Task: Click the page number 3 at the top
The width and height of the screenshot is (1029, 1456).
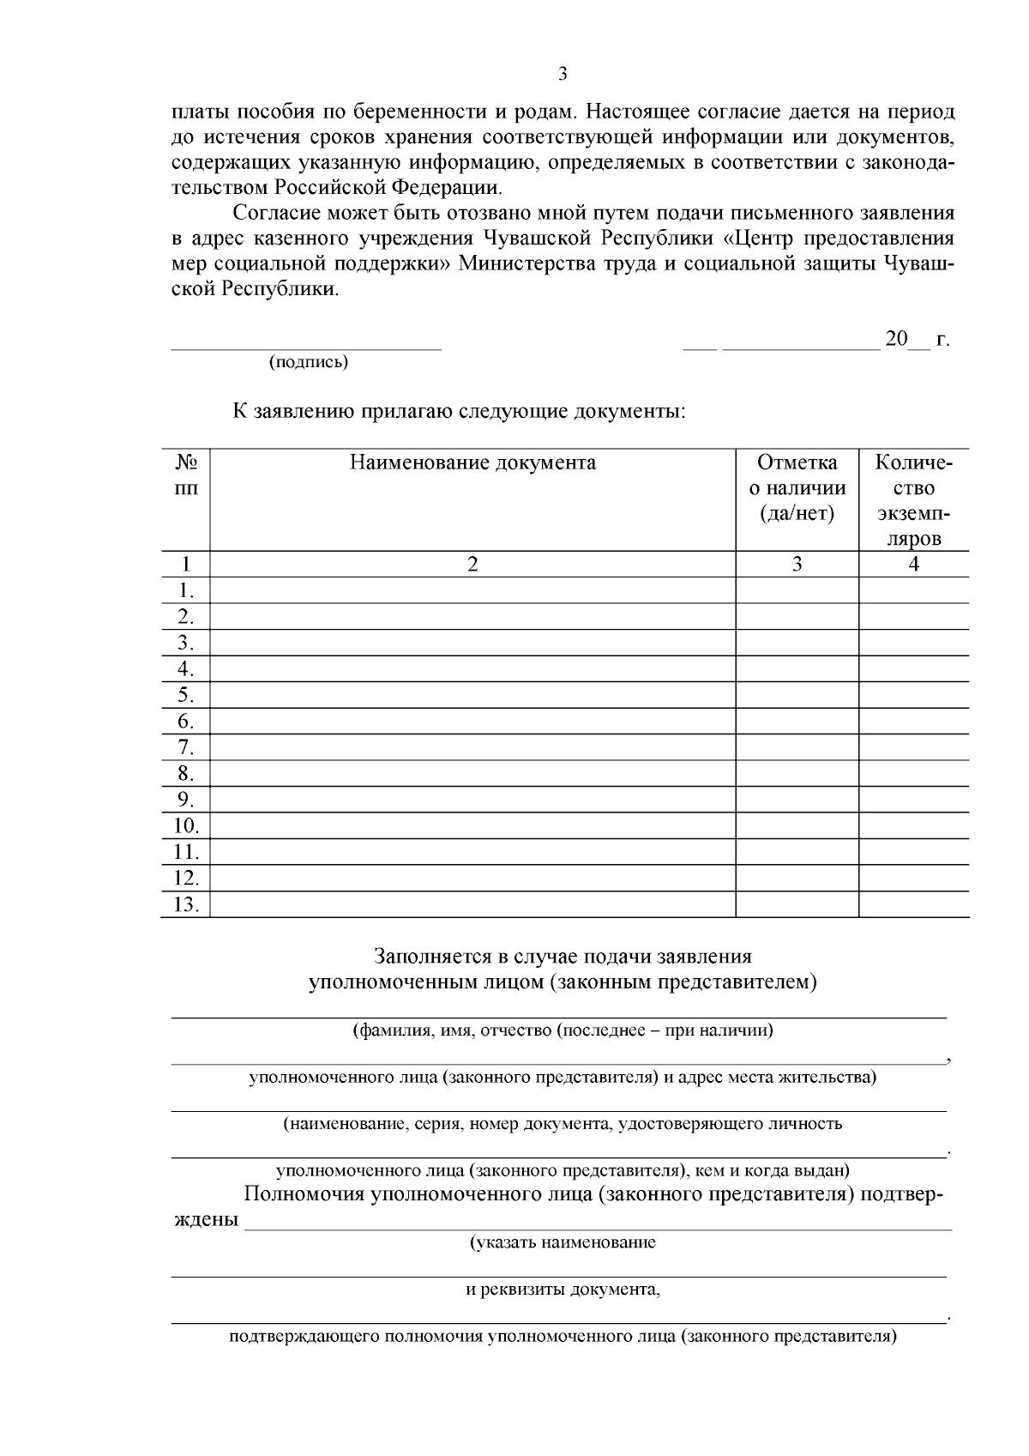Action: [x=563, y=74]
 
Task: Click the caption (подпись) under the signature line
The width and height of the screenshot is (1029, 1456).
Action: [x=309, y=362]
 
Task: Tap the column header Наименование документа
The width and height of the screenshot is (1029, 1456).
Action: [x=472, y=463]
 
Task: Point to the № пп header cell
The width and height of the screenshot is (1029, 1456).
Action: [x=186, y=475]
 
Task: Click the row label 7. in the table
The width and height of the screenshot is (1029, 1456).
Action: [x=186, y=747]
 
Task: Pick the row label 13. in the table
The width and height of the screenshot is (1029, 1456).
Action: [x=186, y=904]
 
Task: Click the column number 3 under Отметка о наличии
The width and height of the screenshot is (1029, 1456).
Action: [x=797, y=564]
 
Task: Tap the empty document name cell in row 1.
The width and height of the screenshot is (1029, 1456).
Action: [x=472, y=590]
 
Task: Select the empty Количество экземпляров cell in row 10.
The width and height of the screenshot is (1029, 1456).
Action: [x=914, y=825]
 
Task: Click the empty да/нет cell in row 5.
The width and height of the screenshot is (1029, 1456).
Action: [x=797, y=695]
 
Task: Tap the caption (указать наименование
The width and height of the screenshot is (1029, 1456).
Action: [x=563, y=1242]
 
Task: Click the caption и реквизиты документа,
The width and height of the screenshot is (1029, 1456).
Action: [x=563, y=1290]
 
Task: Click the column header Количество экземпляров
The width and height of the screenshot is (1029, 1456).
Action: [x=914, y=501]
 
